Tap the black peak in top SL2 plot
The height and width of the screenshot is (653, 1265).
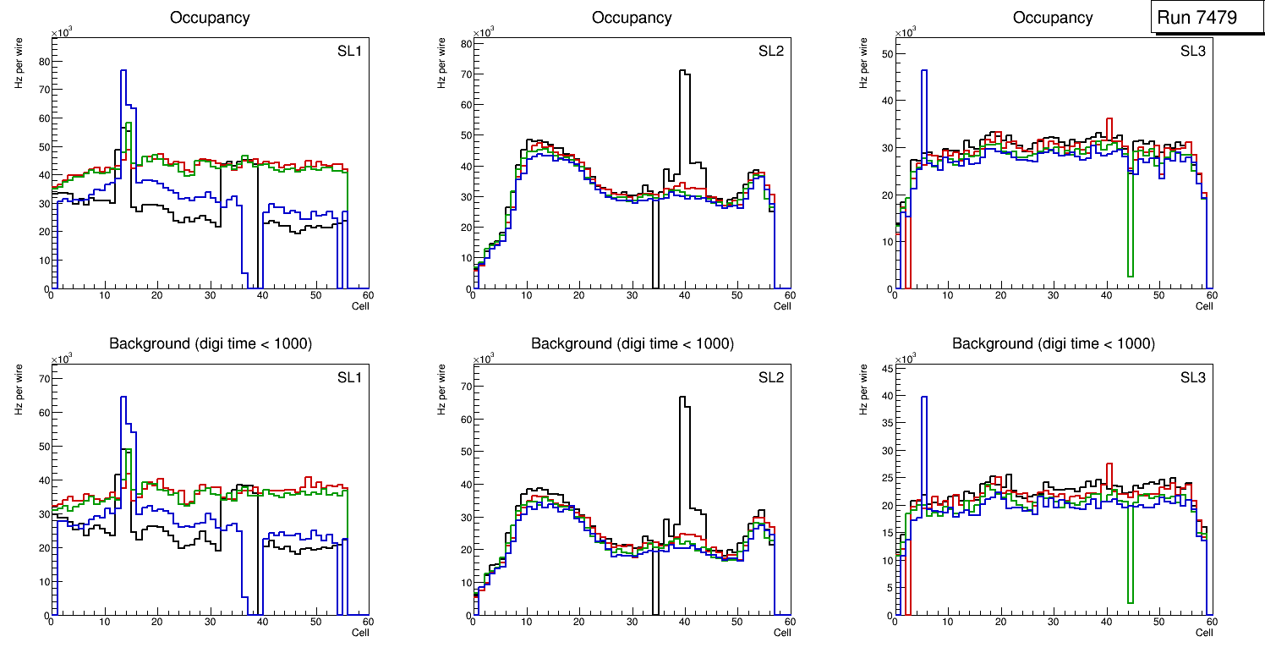coord(684,73)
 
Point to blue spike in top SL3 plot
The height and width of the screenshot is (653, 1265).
coord(924,71)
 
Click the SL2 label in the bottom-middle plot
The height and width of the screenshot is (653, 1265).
coord(770,377)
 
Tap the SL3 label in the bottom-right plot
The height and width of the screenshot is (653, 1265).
coord(1192,377)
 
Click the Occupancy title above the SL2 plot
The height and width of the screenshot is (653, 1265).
coord(632,18)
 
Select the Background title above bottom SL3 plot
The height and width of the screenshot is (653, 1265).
coord(1053,343)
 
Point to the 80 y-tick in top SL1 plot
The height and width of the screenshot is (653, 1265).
coord(45,61)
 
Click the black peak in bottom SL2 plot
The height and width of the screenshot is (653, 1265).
coord(684,398)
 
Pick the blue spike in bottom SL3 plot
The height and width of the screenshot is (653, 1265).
coord(924,398)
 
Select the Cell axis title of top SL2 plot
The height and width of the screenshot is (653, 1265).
coord(782,305)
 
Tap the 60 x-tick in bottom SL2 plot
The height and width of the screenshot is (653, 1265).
coord(788,623)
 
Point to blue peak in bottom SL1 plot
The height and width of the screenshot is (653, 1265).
coord(123,398)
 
